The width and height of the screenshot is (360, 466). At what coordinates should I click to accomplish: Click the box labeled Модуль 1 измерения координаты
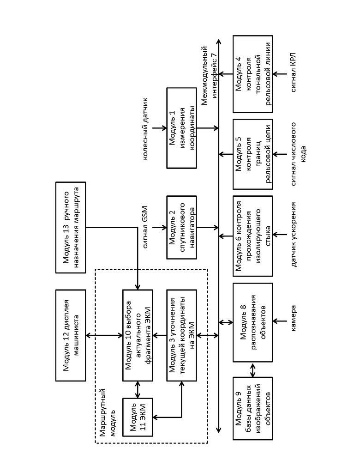pyautogui.click(x=181, y=128)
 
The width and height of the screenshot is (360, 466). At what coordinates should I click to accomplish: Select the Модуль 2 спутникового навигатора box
pyautogui.click(x=181, y=227)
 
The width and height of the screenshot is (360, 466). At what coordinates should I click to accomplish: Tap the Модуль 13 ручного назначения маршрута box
pyautogui.click(x=71, y=227)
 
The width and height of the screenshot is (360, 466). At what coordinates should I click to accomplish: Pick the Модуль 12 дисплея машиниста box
pyautogui.click(x=71, y=335)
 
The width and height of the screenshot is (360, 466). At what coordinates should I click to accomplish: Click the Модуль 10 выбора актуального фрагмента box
pyautogui.click(x=138, y=335)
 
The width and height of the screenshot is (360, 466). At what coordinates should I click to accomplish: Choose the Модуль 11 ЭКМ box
pyautogui.click(x=138, y=417)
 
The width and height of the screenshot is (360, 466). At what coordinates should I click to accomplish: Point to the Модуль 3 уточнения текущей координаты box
pyautogui.click(x=181, y=335)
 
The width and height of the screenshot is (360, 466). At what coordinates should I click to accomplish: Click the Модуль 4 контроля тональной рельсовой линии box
pyautogui.click(x=253, y=74)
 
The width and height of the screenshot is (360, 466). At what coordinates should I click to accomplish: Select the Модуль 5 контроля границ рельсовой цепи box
pyautogui.click(x=253, y=154)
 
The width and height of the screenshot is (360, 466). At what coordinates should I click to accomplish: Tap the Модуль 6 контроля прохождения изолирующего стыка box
pyautogui.click(x=253, y=236)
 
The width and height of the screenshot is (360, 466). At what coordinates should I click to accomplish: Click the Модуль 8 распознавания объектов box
pyautogui.click(x=253, y=322)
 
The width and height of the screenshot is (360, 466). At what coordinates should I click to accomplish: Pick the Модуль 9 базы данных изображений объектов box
pyautogui.click(x=253, y=408)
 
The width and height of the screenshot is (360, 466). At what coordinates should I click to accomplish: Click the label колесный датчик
pyautogui.click(x=144, y=128)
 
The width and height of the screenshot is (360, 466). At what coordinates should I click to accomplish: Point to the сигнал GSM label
pyautogui.click(x=144, y=227)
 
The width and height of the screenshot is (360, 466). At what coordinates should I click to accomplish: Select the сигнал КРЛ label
pyautogui.click(x=293, y=72)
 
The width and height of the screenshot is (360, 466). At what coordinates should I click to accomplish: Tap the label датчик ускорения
pyautogui.click(x=293, y=235)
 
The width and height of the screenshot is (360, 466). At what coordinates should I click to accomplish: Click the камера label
pyautogui.click(x=293, y=318)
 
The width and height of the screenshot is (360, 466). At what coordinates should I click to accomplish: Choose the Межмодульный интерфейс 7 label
pyautogui.click(x=209, y=76)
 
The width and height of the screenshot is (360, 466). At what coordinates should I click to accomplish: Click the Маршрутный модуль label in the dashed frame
pyautogui.click(x=108, y=412)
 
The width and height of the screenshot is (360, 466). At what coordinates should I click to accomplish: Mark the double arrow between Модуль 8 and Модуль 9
pyautogui.click(x=253, y=370)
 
